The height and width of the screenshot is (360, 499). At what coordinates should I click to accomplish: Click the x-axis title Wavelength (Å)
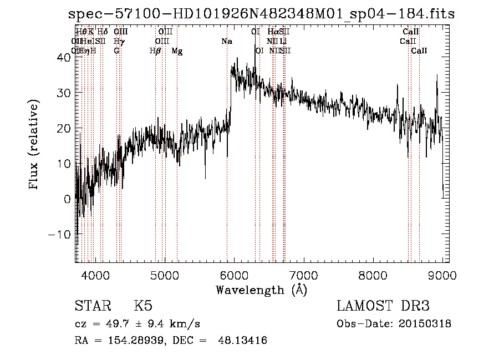pyautogui.click(x=261, y=290)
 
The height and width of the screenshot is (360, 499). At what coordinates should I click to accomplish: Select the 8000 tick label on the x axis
pyautogui.click(x=373, y=275)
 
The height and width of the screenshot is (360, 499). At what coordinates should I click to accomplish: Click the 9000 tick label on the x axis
pyautogui.click(x=442, y=275)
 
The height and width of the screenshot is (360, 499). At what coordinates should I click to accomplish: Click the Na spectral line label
pyautogui.click(x=227, y=42)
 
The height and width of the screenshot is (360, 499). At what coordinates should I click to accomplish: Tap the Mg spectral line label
pyautogui.click(x=177, y=51)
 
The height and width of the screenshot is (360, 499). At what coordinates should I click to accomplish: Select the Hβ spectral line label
pyautogui.click(x=155, y=51)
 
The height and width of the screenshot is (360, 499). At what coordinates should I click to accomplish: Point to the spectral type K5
pyautogui.click(x=143, y=306)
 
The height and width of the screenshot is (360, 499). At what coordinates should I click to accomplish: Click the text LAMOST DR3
pyautogui.click(x=383, y=306)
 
